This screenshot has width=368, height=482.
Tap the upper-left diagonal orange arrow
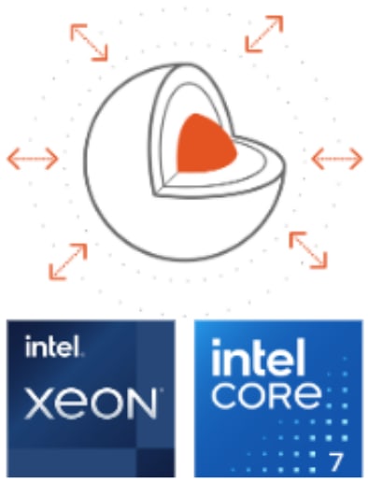[89, 39]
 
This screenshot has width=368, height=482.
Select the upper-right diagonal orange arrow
[264, 34]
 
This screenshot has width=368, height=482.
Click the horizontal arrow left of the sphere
[33, 158]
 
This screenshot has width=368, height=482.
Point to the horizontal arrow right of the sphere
[336, 158]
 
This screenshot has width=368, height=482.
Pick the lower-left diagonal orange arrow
[68, 261]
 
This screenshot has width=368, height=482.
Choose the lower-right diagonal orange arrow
[307, 249]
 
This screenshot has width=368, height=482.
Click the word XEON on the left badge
[90, 404]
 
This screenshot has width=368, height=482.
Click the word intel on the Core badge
[259, 360]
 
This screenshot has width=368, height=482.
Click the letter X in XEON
[36, 404]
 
